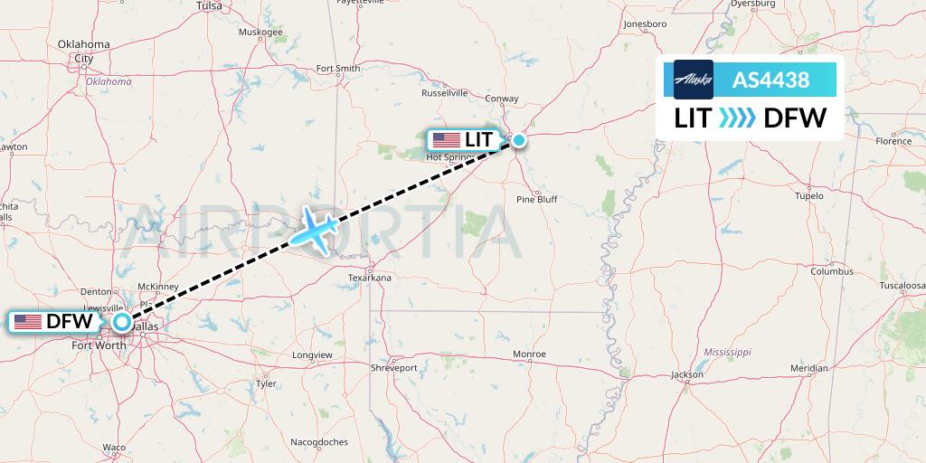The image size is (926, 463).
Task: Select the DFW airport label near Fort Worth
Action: point(55,321)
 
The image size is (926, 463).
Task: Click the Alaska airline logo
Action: point(694,80)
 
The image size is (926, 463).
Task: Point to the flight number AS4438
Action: point(770,80)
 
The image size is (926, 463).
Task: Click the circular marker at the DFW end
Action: point(121,321)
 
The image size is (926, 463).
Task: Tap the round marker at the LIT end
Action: point(519,140)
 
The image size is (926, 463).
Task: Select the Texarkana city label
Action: point(369,278)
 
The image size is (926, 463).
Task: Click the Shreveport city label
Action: point(393,368)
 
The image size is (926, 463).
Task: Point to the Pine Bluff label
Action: point(536,199)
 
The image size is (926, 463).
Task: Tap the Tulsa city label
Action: point(209,5)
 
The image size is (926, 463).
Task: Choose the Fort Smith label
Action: point(338,69)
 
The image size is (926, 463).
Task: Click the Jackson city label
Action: point(687,374)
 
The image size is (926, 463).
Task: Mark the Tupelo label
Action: point(808,195)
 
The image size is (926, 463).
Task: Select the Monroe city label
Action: point(529,354)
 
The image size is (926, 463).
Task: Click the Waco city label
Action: point(114,448)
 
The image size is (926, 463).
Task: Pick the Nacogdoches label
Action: point(319,442)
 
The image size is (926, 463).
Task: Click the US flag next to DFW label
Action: point(28,321)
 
